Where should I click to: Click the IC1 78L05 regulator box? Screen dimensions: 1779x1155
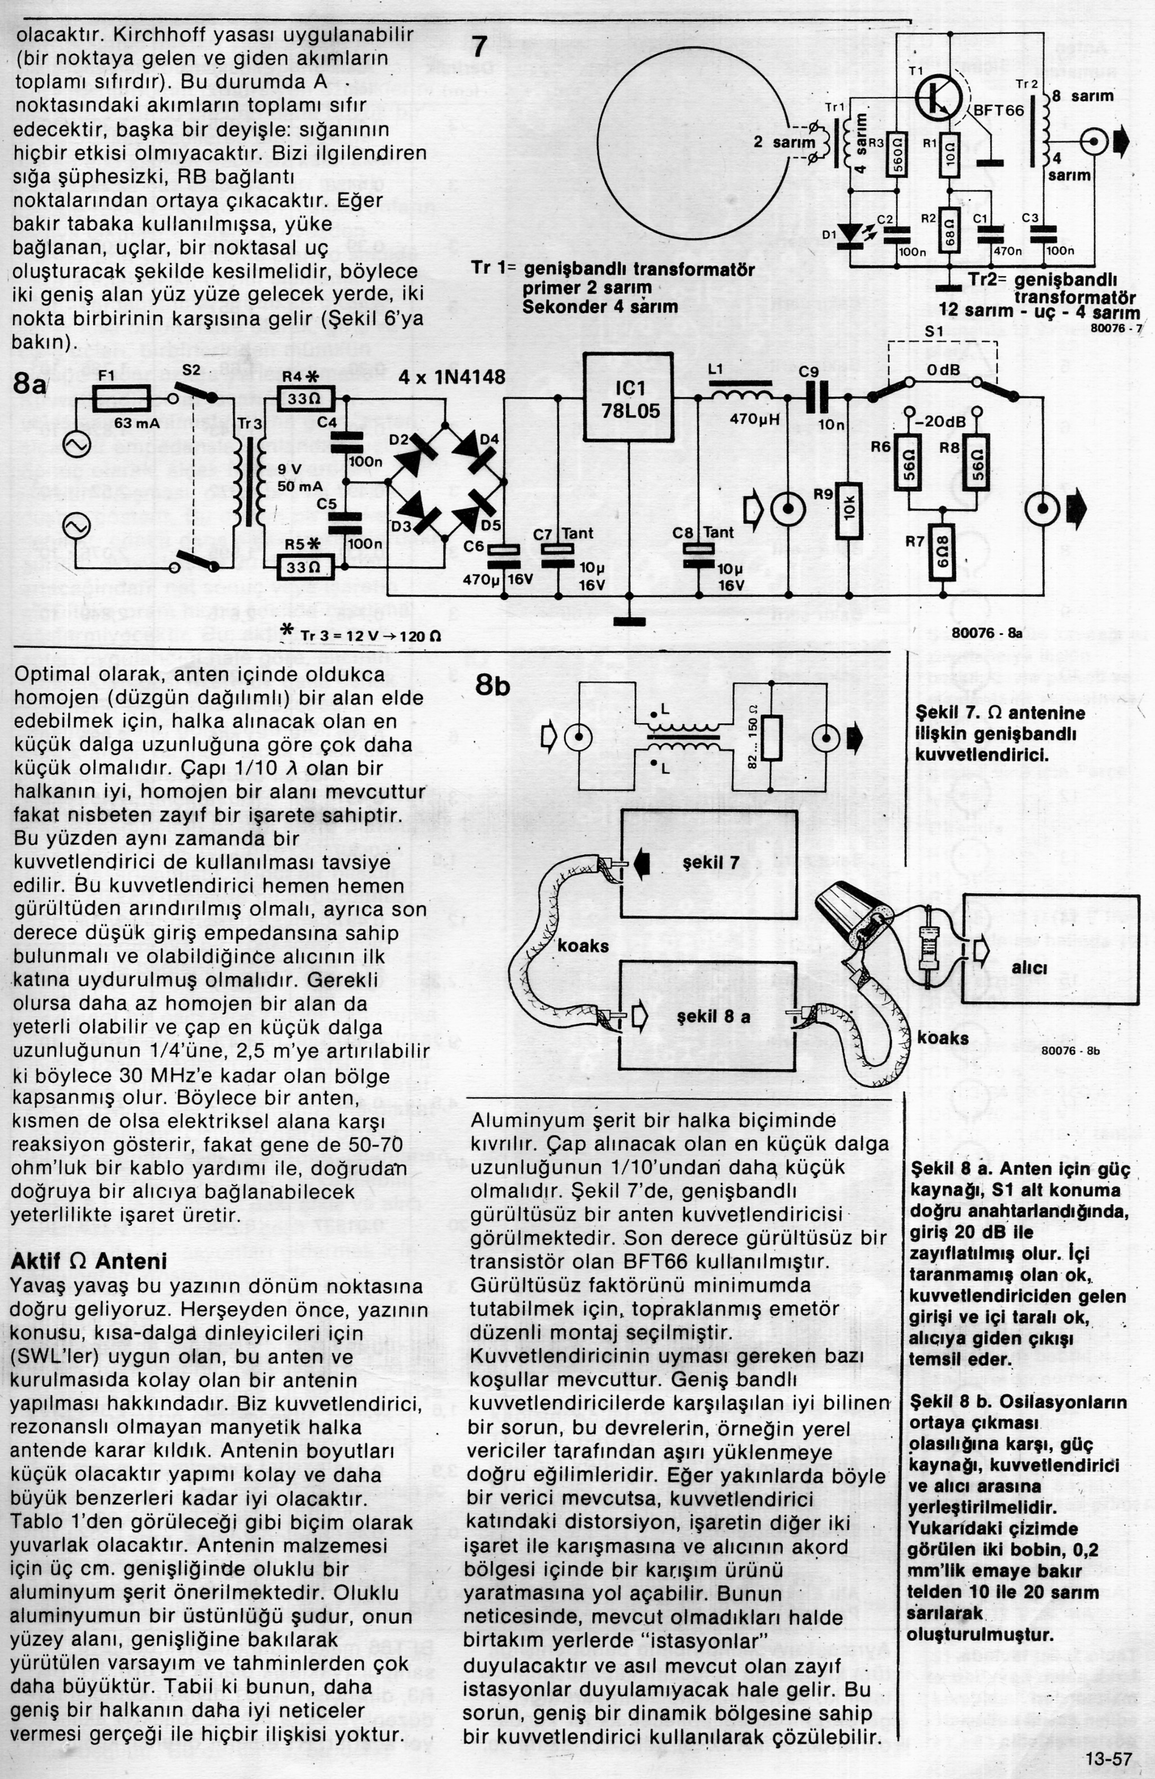[x=628, y=397]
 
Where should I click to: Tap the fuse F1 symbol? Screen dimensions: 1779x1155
[x=122, y=399]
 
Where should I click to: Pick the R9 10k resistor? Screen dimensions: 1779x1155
[x=849, y=511]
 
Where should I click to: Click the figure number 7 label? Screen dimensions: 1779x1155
[x=480, y=47]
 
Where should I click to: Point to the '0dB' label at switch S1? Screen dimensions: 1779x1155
[x=942, y=371]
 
